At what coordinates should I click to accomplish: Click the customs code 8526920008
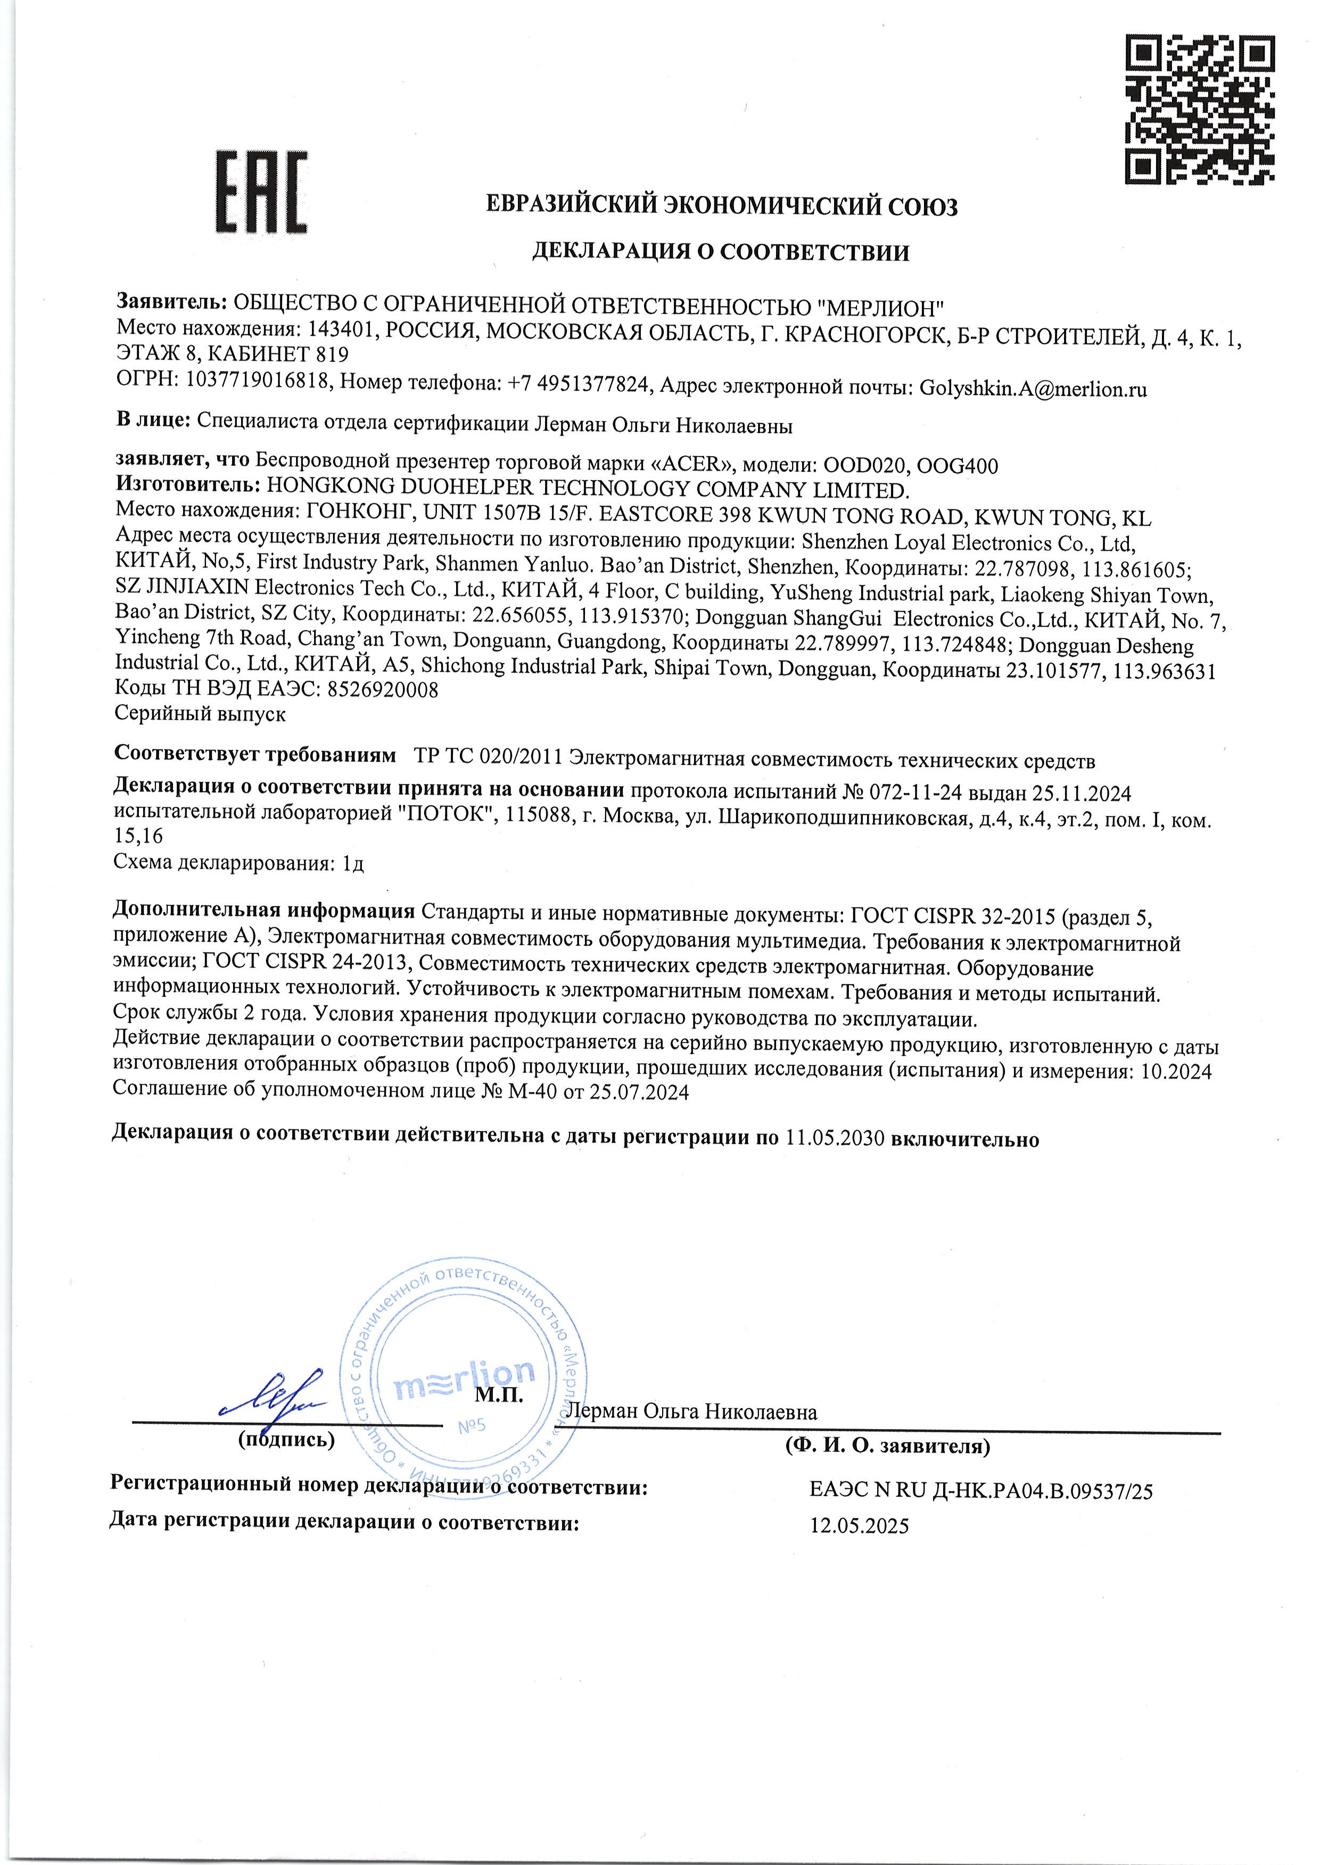click(382, 690)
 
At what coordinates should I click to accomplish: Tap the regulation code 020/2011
click(520, 761)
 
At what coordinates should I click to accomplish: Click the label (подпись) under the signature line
click(286, 1440)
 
